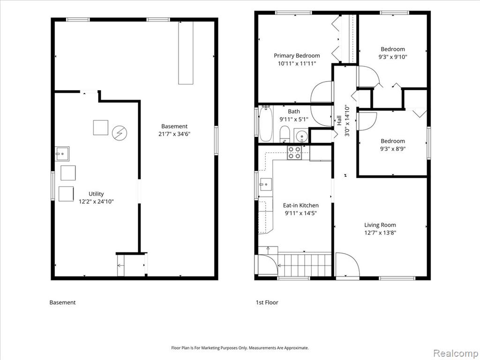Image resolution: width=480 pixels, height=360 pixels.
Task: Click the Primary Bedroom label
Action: [297, 56]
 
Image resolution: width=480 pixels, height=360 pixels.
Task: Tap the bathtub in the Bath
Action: [266, 124]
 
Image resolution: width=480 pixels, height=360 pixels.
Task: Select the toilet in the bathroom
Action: [285, 134]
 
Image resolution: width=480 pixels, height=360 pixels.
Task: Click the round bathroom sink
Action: [301, 135]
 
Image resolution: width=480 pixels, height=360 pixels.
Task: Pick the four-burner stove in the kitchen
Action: [294, 152]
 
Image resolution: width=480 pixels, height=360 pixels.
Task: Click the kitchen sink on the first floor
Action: [265, 185]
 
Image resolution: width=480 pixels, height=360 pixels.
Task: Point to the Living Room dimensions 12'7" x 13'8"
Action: [380, 232]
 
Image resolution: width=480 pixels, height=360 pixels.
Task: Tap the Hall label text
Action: [339, 120]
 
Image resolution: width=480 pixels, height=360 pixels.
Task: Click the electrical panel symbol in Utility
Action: [120, 133]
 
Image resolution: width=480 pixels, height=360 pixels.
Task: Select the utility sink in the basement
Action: [62, 154]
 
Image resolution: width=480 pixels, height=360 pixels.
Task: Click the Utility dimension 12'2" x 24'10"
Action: [96, 202]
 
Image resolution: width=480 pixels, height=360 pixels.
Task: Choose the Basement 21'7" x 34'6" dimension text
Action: [174, 134]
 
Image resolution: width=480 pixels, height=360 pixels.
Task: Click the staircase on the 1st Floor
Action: [304, 264]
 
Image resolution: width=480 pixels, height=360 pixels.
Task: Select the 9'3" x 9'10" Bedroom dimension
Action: [393, 57]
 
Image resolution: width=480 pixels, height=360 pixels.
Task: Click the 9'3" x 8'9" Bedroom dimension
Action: [393, 149]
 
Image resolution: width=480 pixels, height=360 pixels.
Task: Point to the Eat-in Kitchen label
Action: [300, 205]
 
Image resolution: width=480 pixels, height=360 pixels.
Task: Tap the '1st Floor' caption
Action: [267, 302]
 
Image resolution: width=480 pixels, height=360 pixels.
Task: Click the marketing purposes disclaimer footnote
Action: [240, 348]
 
